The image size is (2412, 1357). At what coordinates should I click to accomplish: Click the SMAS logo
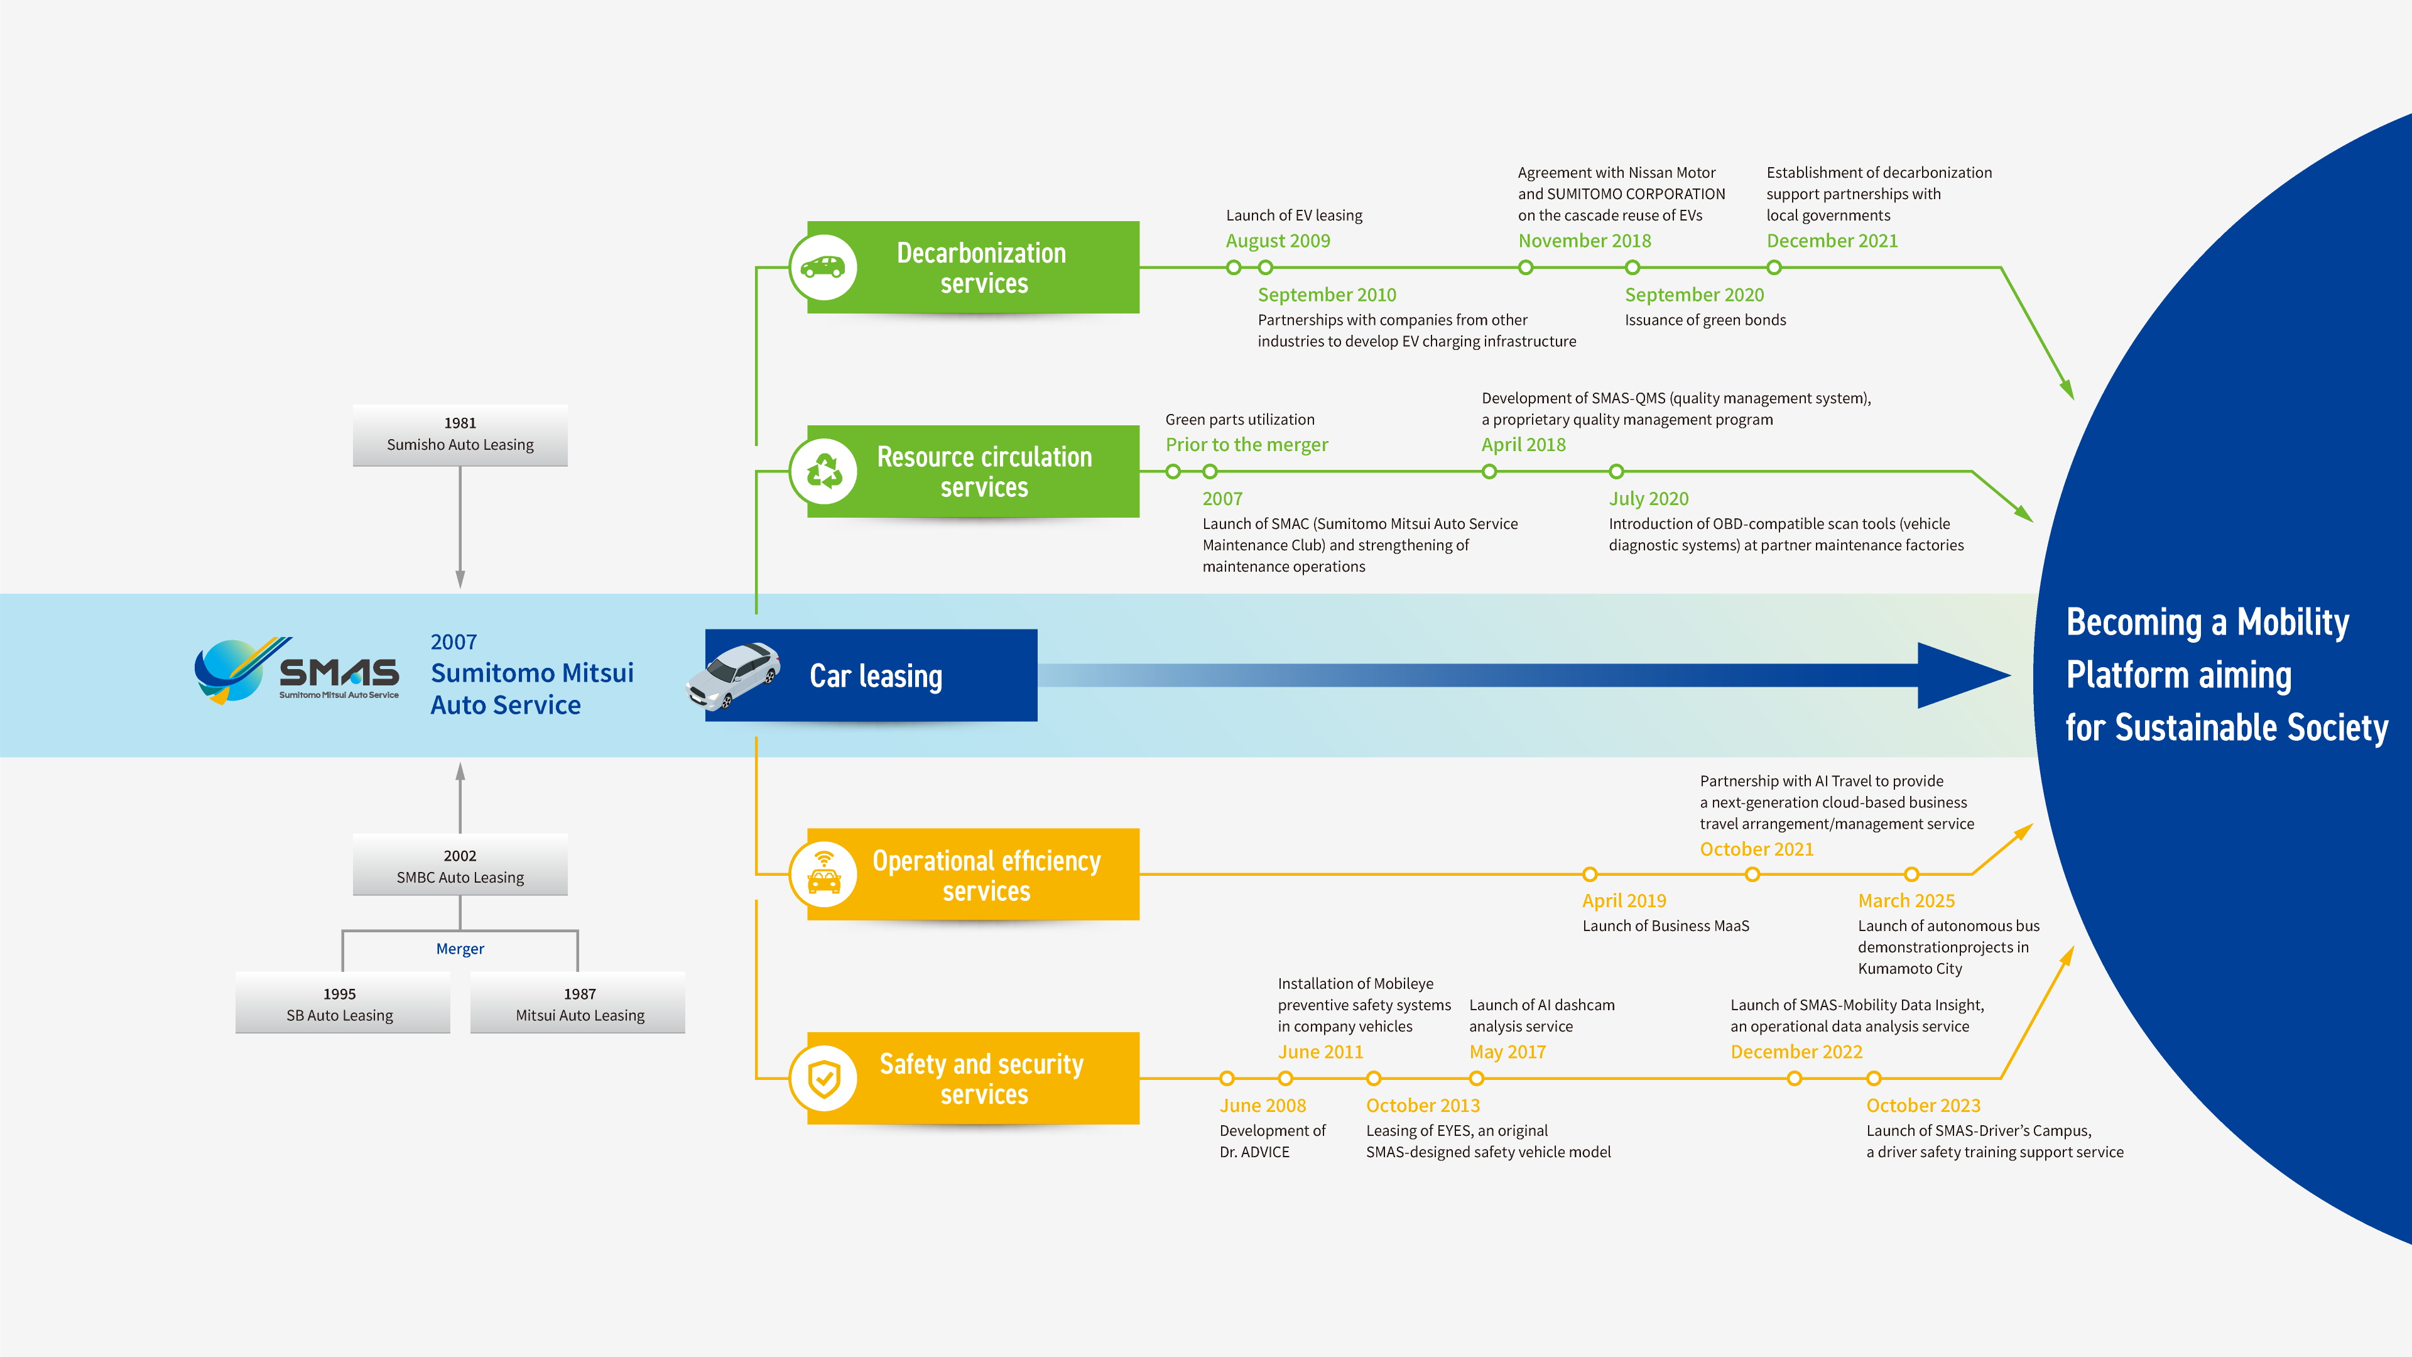[296, 670]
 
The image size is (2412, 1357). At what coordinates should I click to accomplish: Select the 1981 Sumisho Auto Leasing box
[460, 435]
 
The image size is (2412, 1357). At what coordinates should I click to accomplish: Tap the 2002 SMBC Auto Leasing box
[460, 866]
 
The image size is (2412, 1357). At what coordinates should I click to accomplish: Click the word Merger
[460, 949]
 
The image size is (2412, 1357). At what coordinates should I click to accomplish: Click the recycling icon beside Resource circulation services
[824, 471]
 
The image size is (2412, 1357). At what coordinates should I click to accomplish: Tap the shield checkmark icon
[824, 1078]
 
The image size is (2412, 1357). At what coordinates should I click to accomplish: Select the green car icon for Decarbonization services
[824, 267]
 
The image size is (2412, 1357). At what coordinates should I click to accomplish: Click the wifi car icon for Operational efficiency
[824, 874]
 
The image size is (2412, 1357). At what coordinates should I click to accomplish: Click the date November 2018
[1584, 241]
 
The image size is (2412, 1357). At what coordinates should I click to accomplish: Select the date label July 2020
[1648, 498]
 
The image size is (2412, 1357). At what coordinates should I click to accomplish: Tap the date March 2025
[1906, 900]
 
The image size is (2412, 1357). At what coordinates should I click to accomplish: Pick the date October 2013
[1422, 1105]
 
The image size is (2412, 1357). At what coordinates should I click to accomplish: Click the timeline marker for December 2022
[1794, 1079]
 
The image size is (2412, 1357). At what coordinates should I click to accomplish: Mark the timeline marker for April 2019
[1590, 875]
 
